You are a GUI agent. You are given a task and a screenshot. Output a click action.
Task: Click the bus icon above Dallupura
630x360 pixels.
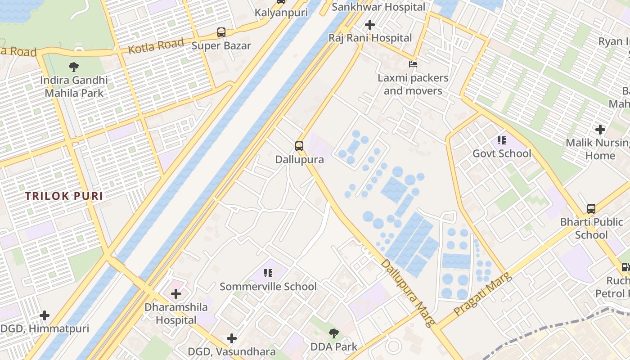tap(299, 146)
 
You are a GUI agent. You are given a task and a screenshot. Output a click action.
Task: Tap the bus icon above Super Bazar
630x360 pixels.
tap(221, 32)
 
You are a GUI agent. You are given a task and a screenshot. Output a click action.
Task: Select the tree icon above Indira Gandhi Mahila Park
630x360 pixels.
tap(74, 67)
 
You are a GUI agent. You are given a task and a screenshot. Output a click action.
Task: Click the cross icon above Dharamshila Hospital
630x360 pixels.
tap(176, 294)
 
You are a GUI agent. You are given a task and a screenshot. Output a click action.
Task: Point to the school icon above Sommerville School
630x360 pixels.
tap(268, 273)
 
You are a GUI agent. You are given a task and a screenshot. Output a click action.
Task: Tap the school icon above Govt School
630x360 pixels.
tap(502, 140)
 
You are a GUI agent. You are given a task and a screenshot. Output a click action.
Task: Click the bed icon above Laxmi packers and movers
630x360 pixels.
tap(413, 64)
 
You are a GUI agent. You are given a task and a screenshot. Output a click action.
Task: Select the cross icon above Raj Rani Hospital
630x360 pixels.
tap(370, 25)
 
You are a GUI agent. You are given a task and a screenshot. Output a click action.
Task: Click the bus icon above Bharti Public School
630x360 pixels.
tap(591, 209)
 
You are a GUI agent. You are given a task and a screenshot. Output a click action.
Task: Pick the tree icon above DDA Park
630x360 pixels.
tap(333, 333)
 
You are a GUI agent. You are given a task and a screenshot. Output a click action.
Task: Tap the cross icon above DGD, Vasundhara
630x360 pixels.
tap(232, 338)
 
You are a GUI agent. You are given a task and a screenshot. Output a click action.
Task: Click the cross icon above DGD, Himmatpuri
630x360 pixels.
tap(44, 315)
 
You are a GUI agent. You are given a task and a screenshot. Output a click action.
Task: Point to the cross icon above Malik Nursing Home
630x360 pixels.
tap(600, 130)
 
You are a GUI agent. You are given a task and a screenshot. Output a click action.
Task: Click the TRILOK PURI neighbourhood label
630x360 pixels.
tap(64, 196)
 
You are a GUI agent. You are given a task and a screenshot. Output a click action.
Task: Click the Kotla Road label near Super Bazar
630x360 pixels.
tap(156, 46)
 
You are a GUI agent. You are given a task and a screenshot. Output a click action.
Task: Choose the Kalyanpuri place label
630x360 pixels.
tap(281, 13)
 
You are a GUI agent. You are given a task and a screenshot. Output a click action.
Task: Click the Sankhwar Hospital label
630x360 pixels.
tap(378, 7)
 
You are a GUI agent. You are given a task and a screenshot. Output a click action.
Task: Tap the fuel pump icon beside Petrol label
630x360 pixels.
tap(625, 267)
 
